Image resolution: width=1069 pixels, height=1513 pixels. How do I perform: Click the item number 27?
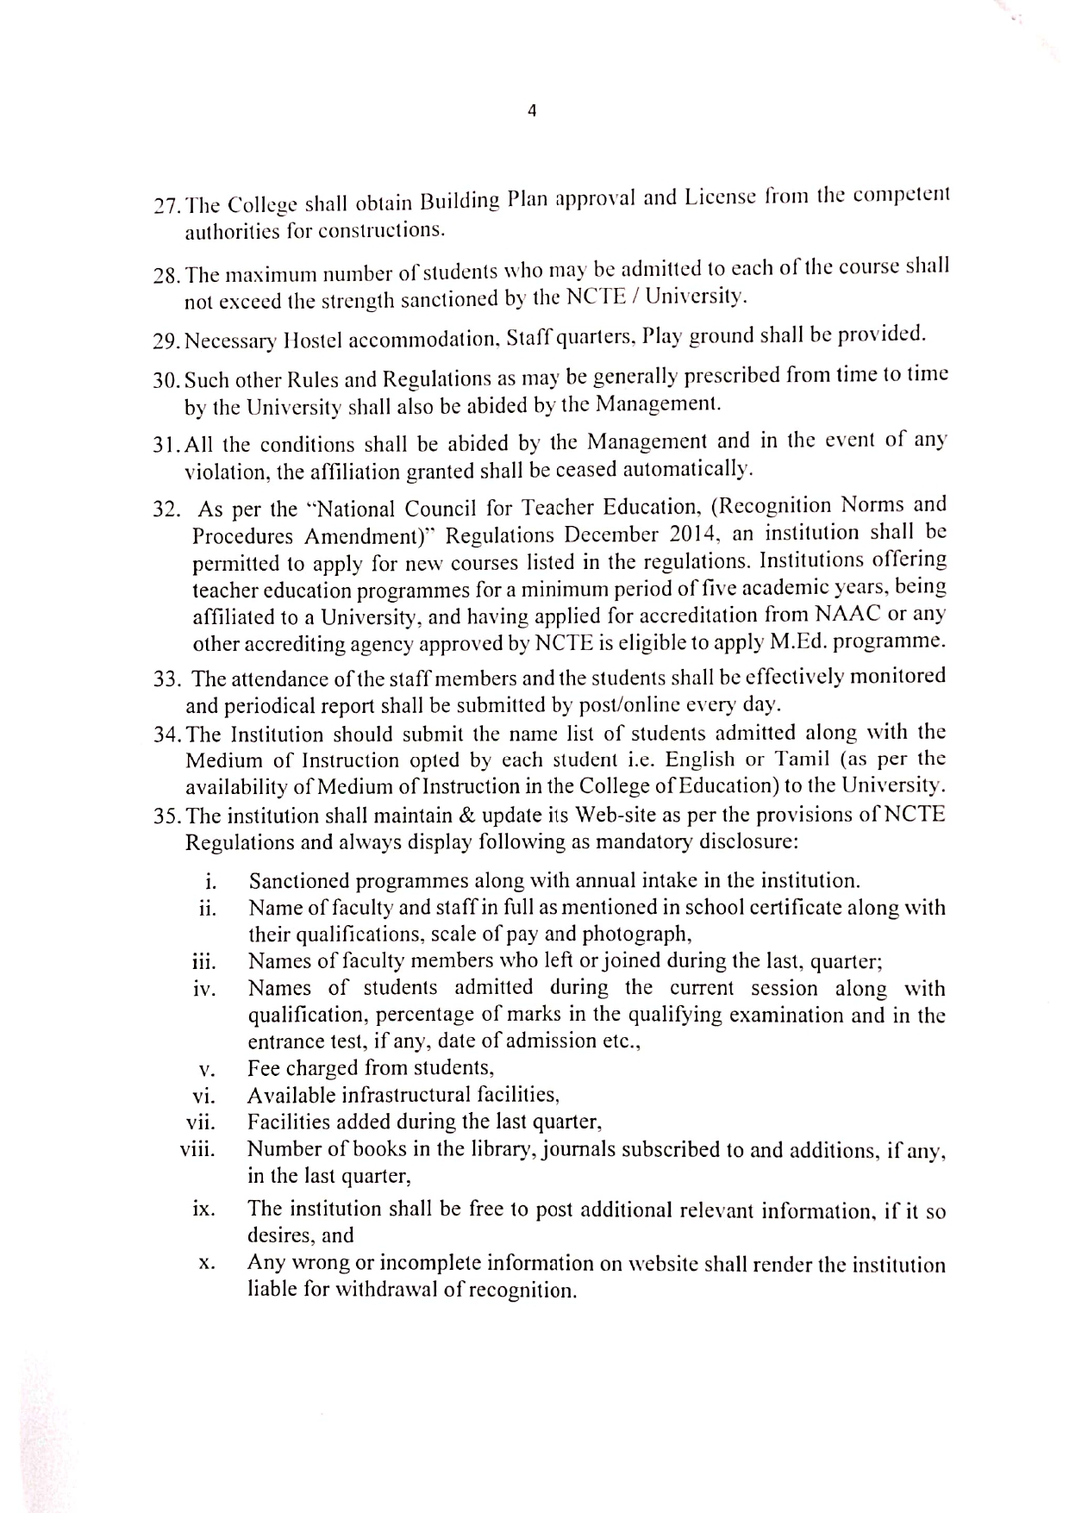tap(165, 207)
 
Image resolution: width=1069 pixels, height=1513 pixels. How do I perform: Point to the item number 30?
tap(165, 379)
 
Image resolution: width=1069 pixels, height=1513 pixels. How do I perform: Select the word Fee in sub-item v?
tap(264, 1068)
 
